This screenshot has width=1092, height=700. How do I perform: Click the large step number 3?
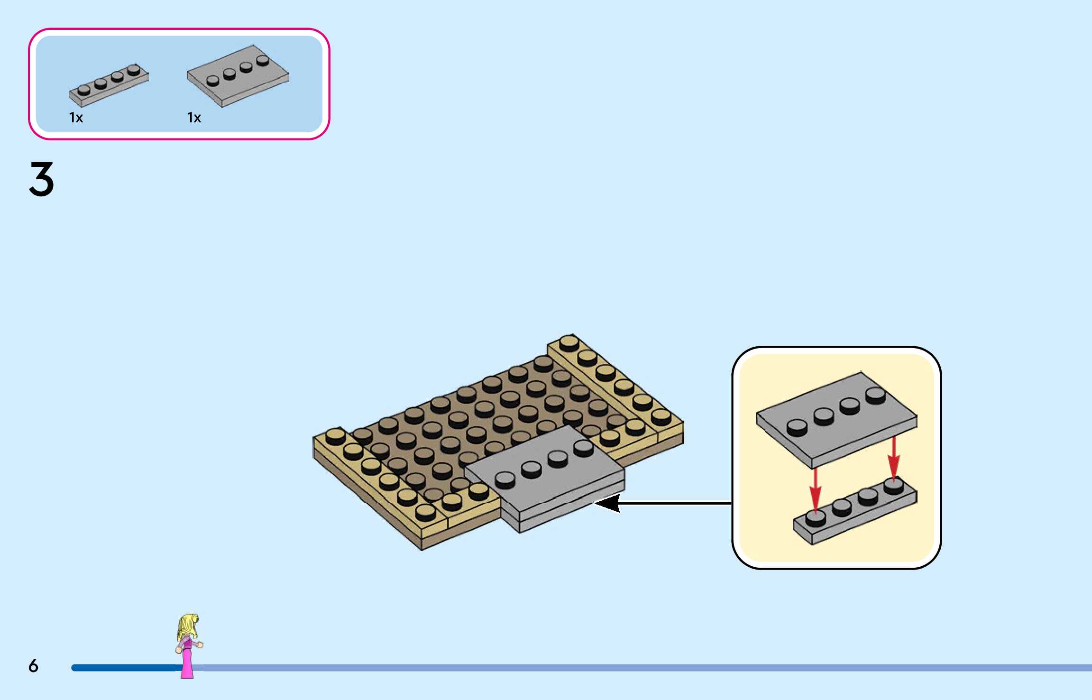[x=42, y=179]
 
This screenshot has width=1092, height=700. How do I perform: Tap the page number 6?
[x=33, y=666]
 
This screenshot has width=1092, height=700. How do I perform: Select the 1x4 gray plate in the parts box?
[x=109, y=85]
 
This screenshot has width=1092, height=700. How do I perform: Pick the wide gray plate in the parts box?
[x=238, y=76]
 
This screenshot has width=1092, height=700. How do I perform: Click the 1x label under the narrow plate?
[x=76, y=118]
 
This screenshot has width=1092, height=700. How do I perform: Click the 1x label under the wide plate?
[x=194, y=118]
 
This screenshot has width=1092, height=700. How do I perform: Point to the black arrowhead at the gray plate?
[x=607, y=503]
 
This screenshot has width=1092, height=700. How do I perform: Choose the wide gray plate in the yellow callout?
[x=836, y=420]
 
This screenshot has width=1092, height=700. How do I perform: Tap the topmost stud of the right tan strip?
[x=569, y=343]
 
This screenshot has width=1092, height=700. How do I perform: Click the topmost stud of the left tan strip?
[x=336, y=436]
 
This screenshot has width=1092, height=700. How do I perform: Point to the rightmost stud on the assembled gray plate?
[x=584, y=448]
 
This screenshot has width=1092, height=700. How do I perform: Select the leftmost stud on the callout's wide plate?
[x=797, y=427]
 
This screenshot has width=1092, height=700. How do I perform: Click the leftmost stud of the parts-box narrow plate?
[x=84, y=90]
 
